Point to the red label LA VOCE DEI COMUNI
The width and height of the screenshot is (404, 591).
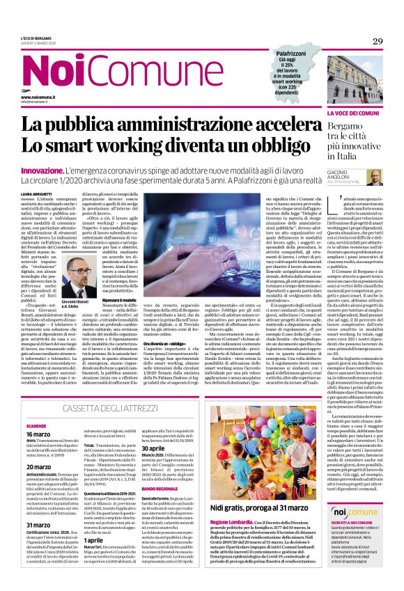354,112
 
